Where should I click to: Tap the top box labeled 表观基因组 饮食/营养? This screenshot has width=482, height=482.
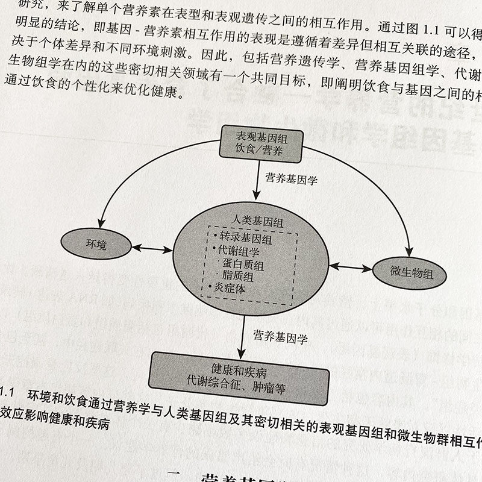260,143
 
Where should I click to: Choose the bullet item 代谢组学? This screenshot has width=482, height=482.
241,252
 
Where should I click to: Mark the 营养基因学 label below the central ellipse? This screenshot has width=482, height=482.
280,338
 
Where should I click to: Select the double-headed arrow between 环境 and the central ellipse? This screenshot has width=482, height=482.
152,248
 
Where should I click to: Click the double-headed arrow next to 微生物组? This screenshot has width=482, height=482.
350,266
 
